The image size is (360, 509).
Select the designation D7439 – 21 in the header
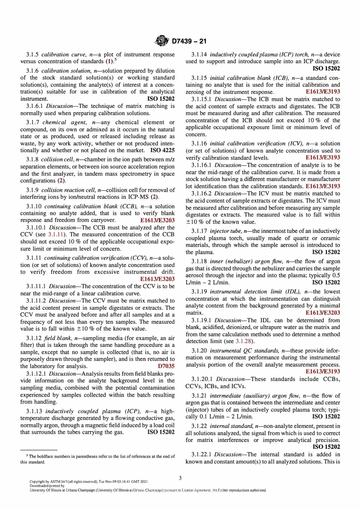pyautogui.click(x=189, y=41)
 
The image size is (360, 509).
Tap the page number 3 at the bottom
pyautogui.click(x=180, y=478)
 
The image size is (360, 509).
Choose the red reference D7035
pyautogui.click(x=166, y=366)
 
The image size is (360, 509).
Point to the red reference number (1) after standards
pyautogui.click(x=109, y=61)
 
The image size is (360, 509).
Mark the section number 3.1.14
pyautogui.click(x=199, y=55)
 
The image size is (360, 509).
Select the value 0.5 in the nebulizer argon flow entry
pyautogui.click(x=335, y=275)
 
